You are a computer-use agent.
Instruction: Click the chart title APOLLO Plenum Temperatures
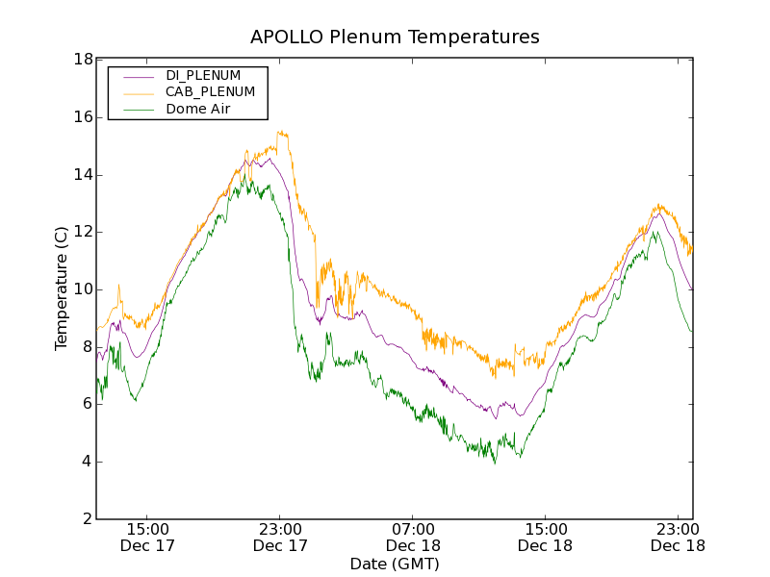[x=395, y=38]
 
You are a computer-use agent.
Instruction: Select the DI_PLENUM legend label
[x=203, y=75]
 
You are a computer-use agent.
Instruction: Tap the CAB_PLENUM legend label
[x=210, y=92]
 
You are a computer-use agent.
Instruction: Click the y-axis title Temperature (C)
[x=62, y=288]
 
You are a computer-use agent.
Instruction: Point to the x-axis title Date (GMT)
[x=395, y=564]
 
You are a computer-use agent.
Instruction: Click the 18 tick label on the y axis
[x=83, y=60]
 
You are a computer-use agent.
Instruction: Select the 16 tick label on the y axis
[x=83, y=117]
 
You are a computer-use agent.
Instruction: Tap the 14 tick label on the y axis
[x=83, y=175]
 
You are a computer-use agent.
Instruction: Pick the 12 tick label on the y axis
[x=83, y=232]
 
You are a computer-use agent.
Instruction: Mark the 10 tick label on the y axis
[x=83, y=289]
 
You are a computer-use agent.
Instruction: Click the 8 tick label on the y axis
[x=87, y=347]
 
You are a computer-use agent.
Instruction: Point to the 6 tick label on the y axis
[x=87, y=404]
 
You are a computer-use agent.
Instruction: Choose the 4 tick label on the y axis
[x=87, y=462]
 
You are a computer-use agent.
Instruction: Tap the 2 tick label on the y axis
[x=87, y=519]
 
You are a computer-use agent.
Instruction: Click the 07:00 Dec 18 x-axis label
[x=413, y=537]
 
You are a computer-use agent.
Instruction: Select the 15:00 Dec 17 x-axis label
[x=148, y=537]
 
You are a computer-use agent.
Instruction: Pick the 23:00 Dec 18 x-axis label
[x=678, y=537]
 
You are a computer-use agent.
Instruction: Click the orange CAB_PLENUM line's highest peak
[x=280, y=132]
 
